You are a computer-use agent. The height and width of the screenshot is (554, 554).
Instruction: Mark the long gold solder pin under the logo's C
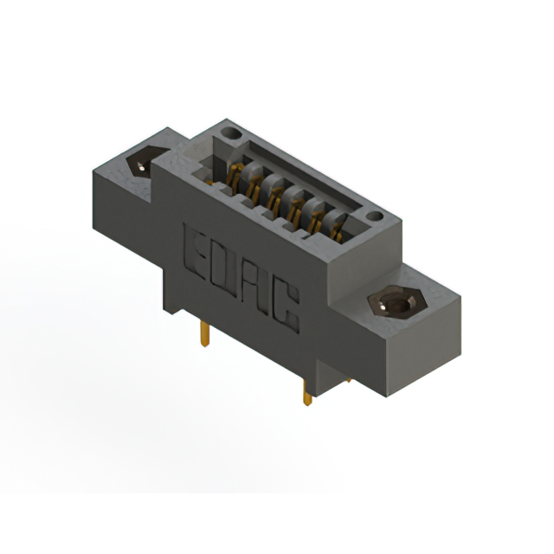[306, 395]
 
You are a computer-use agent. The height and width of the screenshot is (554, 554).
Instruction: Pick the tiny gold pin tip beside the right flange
[348, 379]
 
